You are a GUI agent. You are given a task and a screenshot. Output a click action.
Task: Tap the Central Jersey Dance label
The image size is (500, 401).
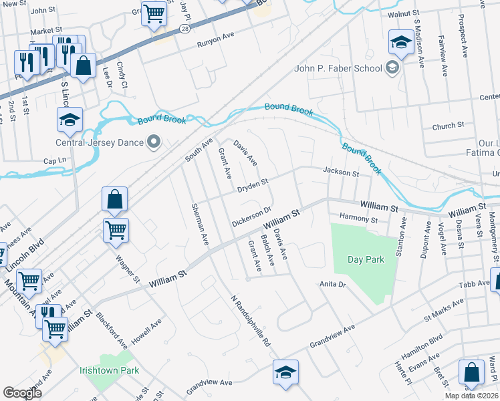point(100,142)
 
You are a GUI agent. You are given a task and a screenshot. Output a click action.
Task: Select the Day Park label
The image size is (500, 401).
point(366,259)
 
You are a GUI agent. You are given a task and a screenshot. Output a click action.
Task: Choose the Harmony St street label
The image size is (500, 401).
point(359,219)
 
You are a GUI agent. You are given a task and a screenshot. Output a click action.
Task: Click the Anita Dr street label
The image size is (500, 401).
point(332,284)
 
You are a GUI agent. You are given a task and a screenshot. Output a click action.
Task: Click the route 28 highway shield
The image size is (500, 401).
point(184,28)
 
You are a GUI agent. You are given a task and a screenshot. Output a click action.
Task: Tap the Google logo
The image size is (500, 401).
point(22,393)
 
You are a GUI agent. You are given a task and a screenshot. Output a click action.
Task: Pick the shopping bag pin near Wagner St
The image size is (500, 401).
point(115,199)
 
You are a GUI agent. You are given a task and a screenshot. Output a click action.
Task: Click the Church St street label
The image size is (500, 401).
point(448,126)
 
